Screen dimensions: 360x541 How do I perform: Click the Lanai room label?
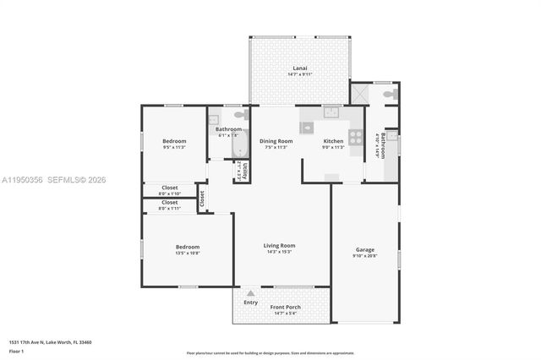pyautogui.click(x=299, y=68)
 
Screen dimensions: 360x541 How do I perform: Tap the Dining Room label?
pyautogui.click(x=276, y=141)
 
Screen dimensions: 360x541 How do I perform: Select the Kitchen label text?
pyautogui.click(x=333, y=141)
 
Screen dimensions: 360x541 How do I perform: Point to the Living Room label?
pyautogui.click(x=279, y=245)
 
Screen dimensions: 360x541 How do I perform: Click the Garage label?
pyautogui.click(x=365, y=249)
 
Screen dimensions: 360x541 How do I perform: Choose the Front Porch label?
pyautogui.click(x=285, y=307)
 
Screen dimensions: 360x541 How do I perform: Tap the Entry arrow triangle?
pyautogui.click(x=250, y=293)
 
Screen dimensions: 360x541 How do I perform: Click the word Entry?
pyautogui.click(x=251, y=302)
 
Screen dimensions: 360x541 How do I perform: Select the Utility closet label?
pyautogui.click(x=244, y=170)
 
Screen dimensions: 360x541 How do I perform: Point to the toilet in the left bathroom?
pyautogui.click(x=240, y=114)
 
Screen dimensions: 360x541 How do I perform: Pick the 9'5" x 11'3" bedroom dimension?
pyautogui.click(x=174, y=147)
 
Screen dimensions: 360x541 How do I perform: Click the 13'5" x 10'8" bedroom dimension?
pyautogui.click(x=188, y=253)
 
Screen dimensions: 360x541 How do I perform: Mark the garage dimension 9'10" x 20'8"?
pyautogui.click(x=365, y=256)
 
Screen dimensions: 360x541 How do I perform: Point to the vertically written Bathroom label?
pyautogui.click(x=383, y=145)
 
